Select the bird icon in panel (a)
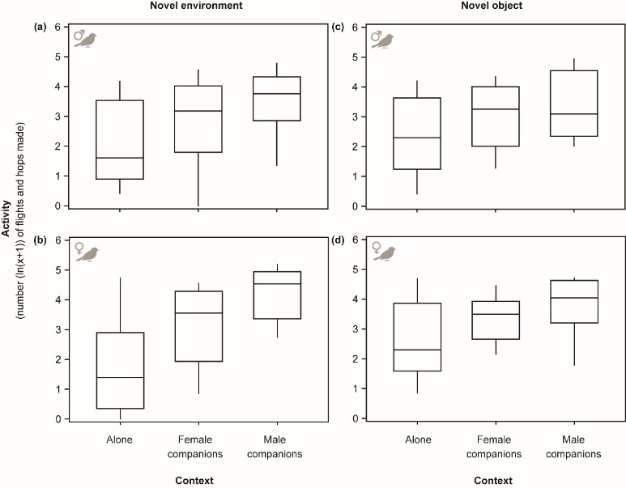(88, 39)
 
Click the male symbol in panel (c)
(376, 36)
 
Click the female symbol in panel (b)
(79, 249)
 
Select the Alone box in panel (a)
(120, 139)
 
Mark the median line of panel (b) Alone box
(120, 378)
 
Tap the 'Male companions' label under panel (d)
(574, 448)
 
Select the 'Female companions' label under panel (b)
(199, 448)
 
